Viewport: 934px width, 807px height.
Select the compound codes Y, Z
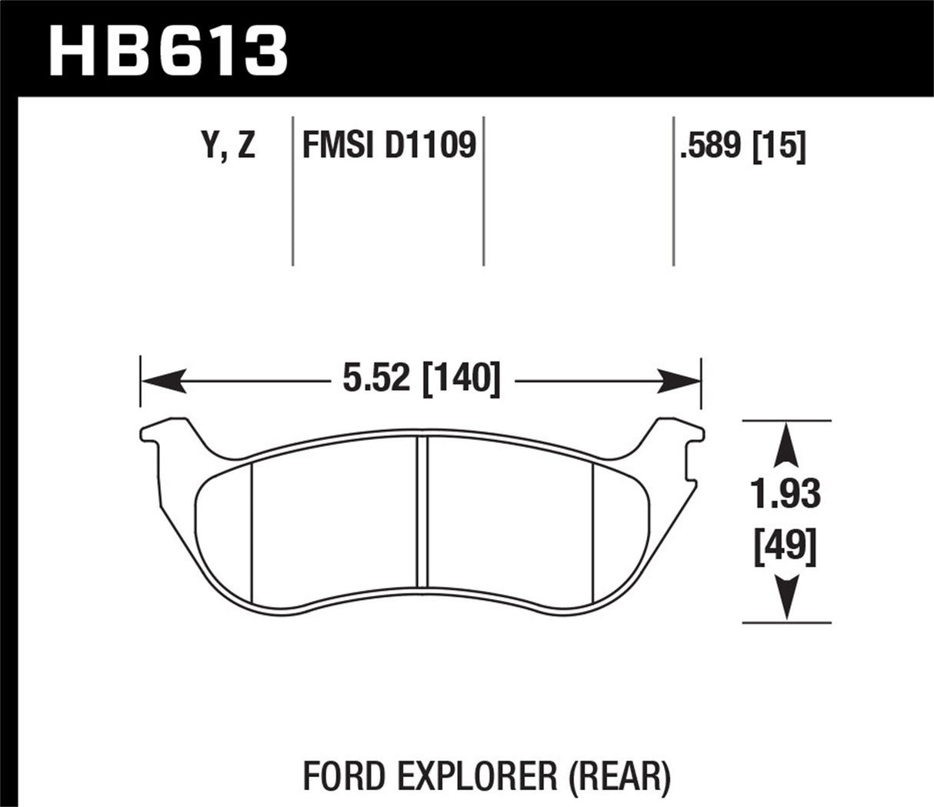[x=228, y=145]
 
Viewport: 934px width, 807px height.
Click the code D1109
[x=430, y=145]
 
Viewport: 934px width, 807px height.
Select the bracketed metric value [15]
[x=779, y=145]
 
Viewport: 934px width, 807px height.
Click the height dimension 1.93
[x=786, y=495]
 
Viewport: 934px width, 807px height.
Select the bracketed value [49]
[x=786, y=548]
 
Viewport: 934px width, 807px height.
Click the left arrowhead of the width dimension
[x=162, y=380]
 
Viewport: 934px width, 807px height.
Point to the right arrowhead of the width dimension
[x=679, y=380]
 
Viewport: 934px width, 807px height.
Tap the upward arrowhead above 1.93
[x=786, y=445]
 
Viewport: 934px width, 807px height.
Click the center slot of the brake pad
[x=421, y=512]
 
